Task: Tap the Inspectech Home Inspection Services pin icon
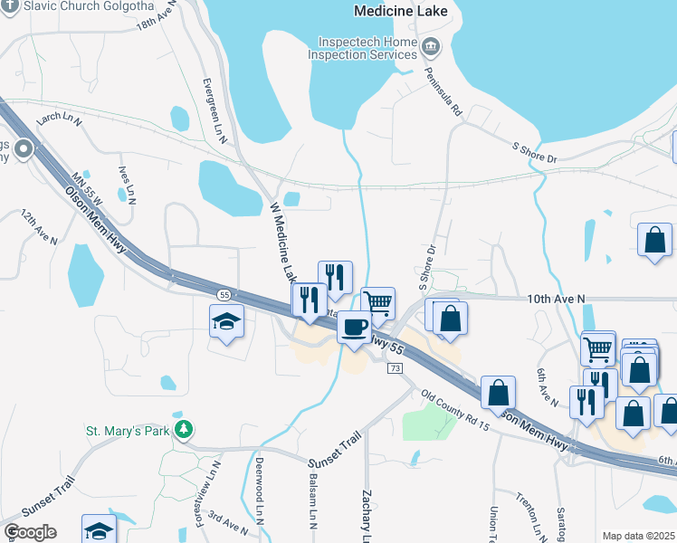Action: pos(431,45)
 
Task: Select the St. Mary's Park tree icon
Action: pos(185,428)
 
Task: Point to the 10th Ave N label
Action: pos(556,299)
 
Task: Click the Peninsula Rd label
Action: pos(444,92)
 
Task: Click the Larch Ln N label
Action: pos(59,119)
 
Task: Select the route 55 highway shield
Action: pos(223,295)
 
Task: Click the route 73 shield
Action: pos(395,368)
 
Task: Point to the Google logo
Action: pos(30,531)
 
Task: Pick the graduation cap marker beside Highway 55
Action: pos(226,322)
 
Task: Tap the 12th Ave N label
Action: pos(39,228)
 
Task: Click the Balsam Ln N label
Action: pos(313,500)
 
